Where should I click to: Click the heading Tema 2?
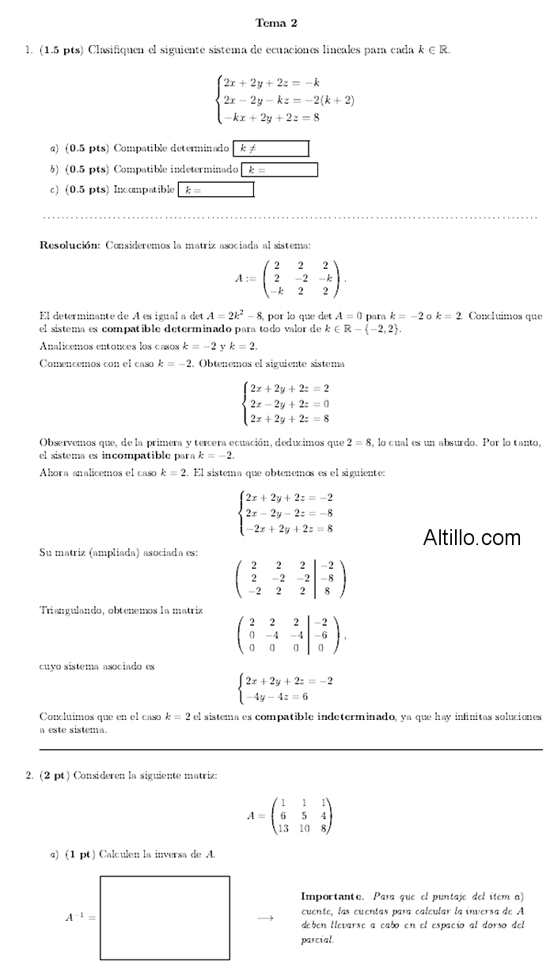click(x=276, y=23)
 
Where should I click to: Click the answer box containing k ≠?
click(x=270, y=148)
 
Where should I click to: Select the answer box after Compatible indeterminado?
click(x=279, y=169)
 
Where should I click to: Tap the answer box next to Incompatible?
click(x=216, y=190)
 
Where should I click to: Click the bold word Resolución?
click(x=70, y=245)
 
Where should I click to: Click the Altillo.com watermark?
click(x=472, y=539)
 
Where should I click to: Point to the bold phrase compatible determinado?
click(x=167, y=328)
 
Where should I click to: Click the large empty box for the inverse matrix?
click(x=165, y=917)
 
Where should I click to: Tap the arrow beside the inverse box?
click(x=265, y=918)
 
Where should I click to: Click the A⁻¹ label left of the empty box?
click(x=80, y=918)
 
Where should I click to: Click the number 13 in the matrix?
click(x=282, y=828)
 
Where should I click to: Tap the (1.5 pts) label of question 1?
click(x=60, y=49)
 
